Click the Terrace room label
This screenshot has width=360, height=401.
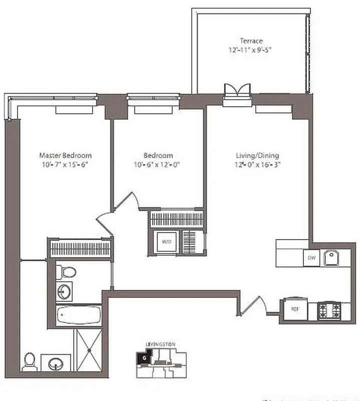click(x=250, y=41)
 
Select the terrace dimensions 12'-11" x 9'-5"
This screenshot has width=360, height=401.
click(x=250, y=50)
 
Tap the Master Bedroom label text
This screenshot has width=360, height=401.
click(x=65, y=155)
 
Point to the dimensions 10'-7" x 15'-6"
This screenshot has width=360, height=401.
click(x=65, y=164)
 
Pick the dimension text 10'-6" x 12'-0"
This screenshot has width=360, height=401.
click(x=158, y=164)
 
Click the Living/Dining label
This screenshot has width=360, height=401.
click(x=257, y=155)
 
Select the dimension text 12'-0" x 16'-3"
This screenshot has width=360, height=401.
click(x=257, y=164)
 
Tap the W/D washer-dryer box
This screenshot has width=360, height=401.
click(x=166, y=241)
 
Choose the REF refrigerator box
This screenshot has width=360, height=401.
click(x=295, y=309)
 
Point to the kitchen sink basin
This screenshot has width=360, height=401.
click(x=331, y=258)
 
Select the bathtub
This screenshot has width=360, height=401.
click(x=79, y=316)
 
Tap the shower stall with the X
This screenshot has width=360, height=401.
click(x=89, y=350)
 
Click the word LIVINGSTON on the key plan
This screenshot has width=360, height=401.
click(x=160, y=344)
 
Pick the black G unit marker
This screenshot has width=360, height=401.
click(x=143, y=358)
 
